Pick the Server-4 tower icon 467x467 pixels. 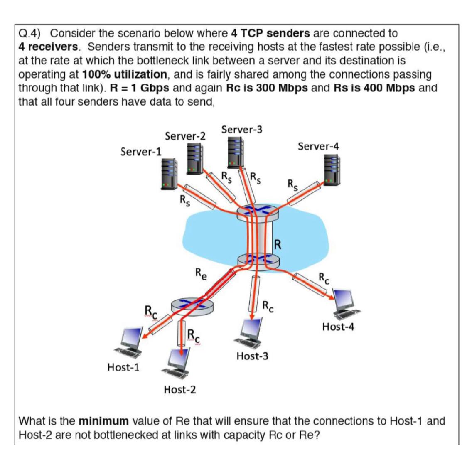(x=332, y=170)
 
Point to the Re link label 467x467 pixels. (x=202, y=274)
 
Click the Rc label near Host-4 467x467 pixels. (x=324, y=278)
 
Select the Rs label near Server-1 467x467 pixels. (x=184, y=201)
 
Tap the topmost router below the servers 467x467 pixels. (x=257, y=213)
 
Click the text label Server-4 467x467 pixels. (x=318, y=146)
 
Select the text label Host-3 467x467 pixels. (x=252, y=356)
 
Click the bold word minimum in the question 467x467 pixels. (x=104, y=421)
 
